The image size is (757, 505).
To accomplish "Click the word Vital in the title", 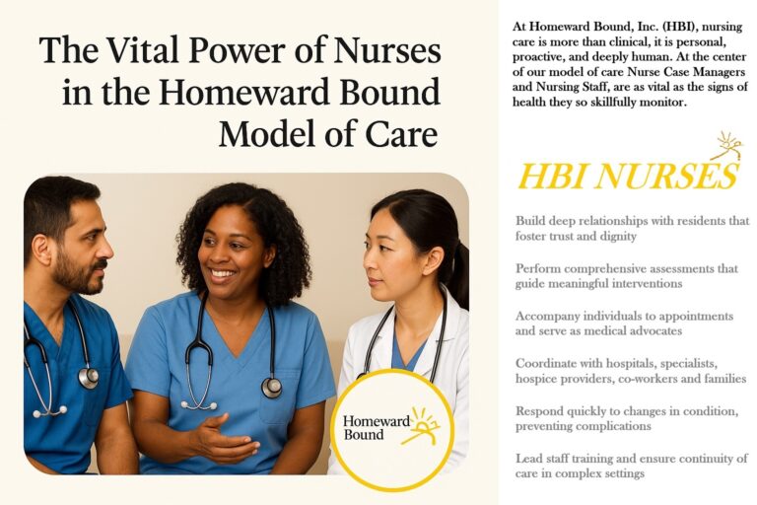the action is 142,49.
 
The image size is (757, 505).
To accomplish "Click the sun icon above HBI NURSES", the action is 726,146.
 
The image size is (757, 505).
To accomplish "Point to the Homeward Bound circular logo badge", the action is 392,429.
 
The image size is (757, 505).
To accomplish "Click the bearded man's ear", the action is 42,249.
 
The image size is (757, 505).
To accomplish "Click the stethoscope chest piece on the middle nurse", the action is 271,388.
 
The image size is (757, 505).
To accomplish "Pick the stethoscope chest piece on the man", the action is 89,378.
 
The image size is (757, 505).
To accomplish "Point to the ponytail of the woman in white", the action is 460,276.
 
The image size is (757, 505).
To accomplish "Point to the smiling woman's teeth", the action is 223,273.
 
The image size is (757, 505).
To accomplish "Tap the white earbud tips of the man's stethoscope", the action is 49,411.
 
